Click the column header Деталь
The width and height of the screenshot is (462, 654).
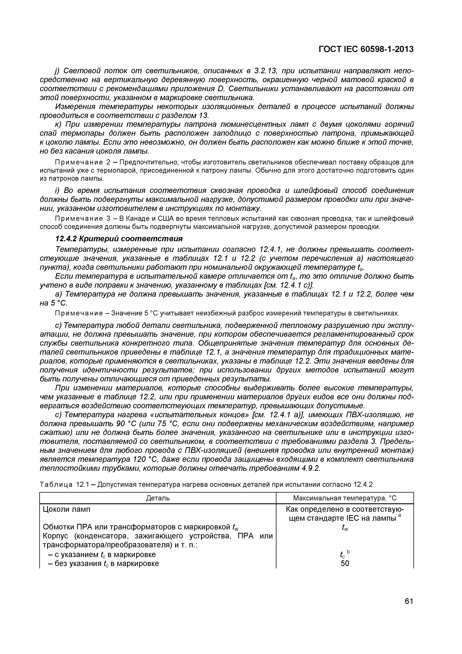click(158, 498)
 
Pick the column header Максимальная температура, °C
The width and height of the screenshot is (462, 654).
click(345, 498)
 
